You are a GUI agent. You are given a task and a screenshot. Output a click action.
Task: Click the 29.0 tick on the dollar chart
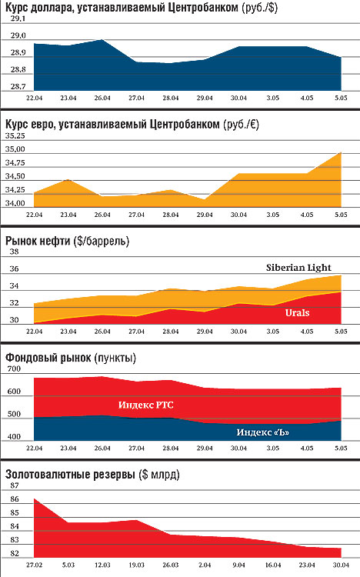[18, 35]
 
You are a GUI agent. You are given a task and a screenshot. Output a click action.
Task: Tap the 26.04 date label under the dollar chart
[102, 98]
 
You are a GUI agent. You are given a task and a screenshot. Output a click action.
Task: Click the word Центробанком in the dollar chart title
[202, 8]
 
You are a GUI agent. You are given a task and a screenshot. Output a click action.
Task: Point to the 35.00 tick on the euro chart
[15, 149]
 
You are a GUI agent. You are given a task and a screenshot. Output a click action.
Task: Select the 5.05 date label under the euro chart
[341, 215]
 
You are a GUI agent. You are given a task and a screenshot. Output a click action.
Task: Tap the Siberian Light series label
[298, 268]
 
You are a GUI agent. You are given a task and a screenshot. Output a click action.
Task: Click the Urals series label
[298, 313]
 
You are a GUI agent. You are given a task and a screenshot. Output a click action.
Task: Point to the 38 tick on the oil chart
[14, 252]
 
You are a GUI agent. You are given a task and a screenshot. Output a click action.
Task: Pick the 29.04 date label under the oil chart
[205, 331]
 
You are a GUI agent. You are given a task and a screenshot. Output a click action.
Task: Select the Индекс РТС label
[145, 405]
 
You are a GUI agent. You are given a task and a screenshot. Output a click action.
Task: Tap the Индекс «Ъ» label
[263, 432]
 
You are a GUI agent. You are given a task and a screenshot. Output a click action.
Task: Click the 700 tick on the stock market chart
[14, 369]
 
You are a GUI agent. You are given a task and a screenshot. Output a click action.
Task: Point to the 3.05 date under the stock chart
[273, 449]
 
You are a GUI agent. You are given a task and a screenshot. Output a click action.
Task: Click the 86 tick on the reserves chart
[15, 499]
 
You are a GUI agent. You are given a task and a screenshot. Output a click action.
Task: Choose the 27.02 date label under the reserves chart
[35, 565]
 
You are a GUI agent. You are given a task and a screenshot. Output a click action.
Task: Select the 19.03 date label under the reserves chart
[137, 565]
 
